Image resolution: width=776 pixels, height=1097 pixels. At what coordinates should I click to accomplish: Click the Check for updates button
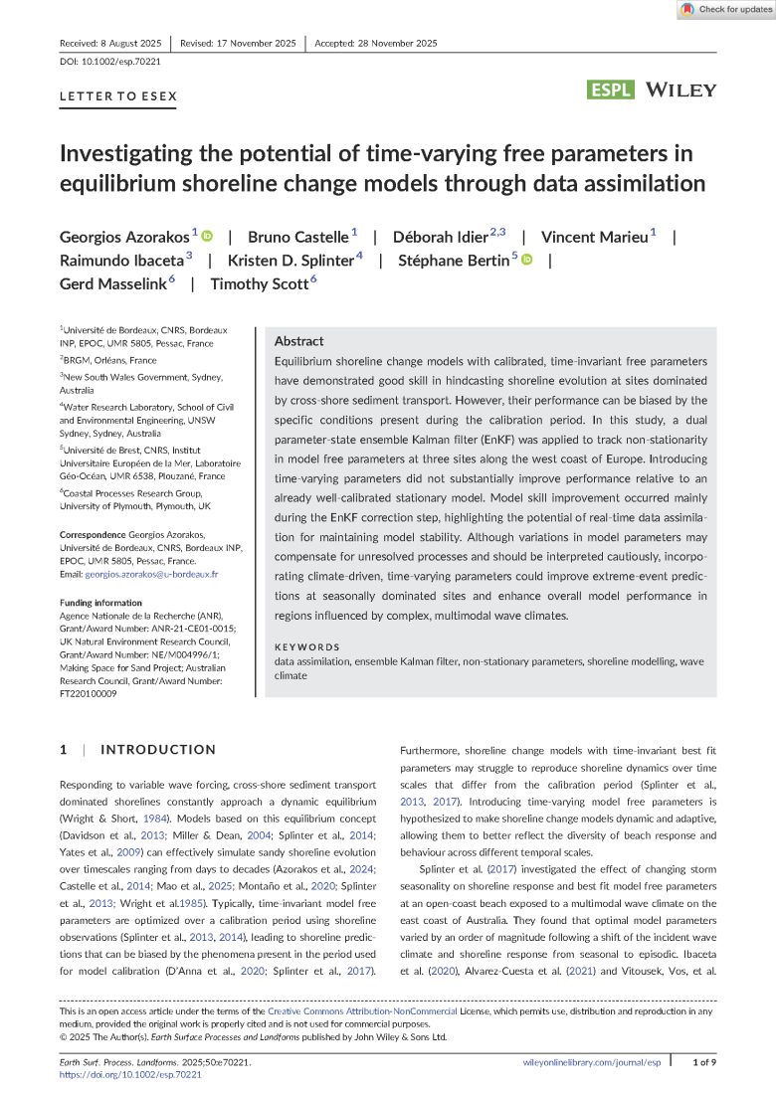(x=726, y=10)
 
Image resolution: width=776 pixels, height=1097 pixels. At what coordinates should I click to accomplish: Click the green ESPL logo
(x=611, y=91)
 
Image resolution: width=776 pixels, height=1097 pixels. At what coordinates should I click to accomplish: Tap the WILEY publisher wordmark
(x=680, y=91)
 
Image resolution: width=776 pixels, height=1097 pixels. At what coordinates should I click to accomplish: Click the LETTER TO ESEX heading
(x=118, y=97)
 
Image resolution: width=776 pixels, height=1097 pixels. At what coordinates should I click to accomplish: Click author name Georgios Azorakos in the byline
(x=124, y=237)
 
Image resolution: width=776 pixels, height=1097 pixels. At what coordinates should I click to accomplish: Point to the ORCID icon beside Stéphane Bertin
(x=526, y=260)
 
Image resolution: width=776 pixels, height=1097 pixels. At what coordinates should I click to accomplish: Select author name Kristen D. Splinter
(x=291, y=261)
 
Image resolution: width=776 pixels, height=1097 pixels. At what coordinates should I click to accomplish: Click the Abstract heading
(x=298, y=341)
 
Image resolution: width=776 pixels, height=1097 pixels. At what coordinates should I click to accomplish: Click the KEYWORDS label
(x=306, y=647)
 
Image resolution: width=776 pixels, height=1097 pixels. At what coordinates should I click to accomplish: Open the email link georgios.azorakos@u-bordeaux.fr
(x=151, y=575)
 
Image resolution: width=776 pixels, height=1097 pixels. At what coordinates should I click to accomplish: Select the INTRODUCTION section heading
(x=158, y=750)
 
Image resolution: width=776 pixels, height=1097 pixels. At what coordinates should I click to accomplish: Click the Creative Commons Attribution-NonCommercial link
(x=362, y=1010)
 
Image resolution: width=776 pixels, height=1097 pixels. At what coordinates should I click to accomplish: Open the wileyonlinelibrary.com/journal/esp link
(x=591, y=1063)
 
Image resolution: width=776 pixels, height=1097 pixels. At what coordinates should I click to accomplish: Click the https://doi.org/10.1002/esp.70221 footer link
(x=130, y=1075)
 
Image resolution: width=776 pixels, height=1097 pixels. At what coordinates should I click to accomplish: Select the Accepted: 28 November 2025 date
(x=376, y=44)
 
